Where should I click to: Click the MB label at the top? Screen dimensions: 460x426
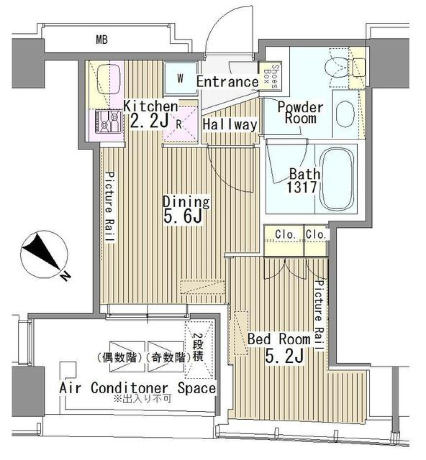pos(103,40)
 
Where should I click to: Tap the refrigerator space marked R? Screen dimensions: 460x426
pos(178,124)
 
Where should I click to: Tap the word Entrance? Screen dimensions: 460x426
pos(227,82)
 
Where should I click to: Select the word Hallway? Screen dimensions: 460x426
pos(229,125)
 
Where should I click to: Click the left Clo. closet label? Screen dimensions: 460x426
pos(284,235)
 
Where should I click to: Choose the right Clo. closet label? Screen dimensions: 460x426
pos(317,235)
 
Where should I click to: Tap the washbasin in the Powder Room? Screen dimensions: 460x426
pos(345,113)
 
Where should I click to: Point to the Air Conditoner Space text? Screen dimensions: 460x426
pos(138,388)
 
